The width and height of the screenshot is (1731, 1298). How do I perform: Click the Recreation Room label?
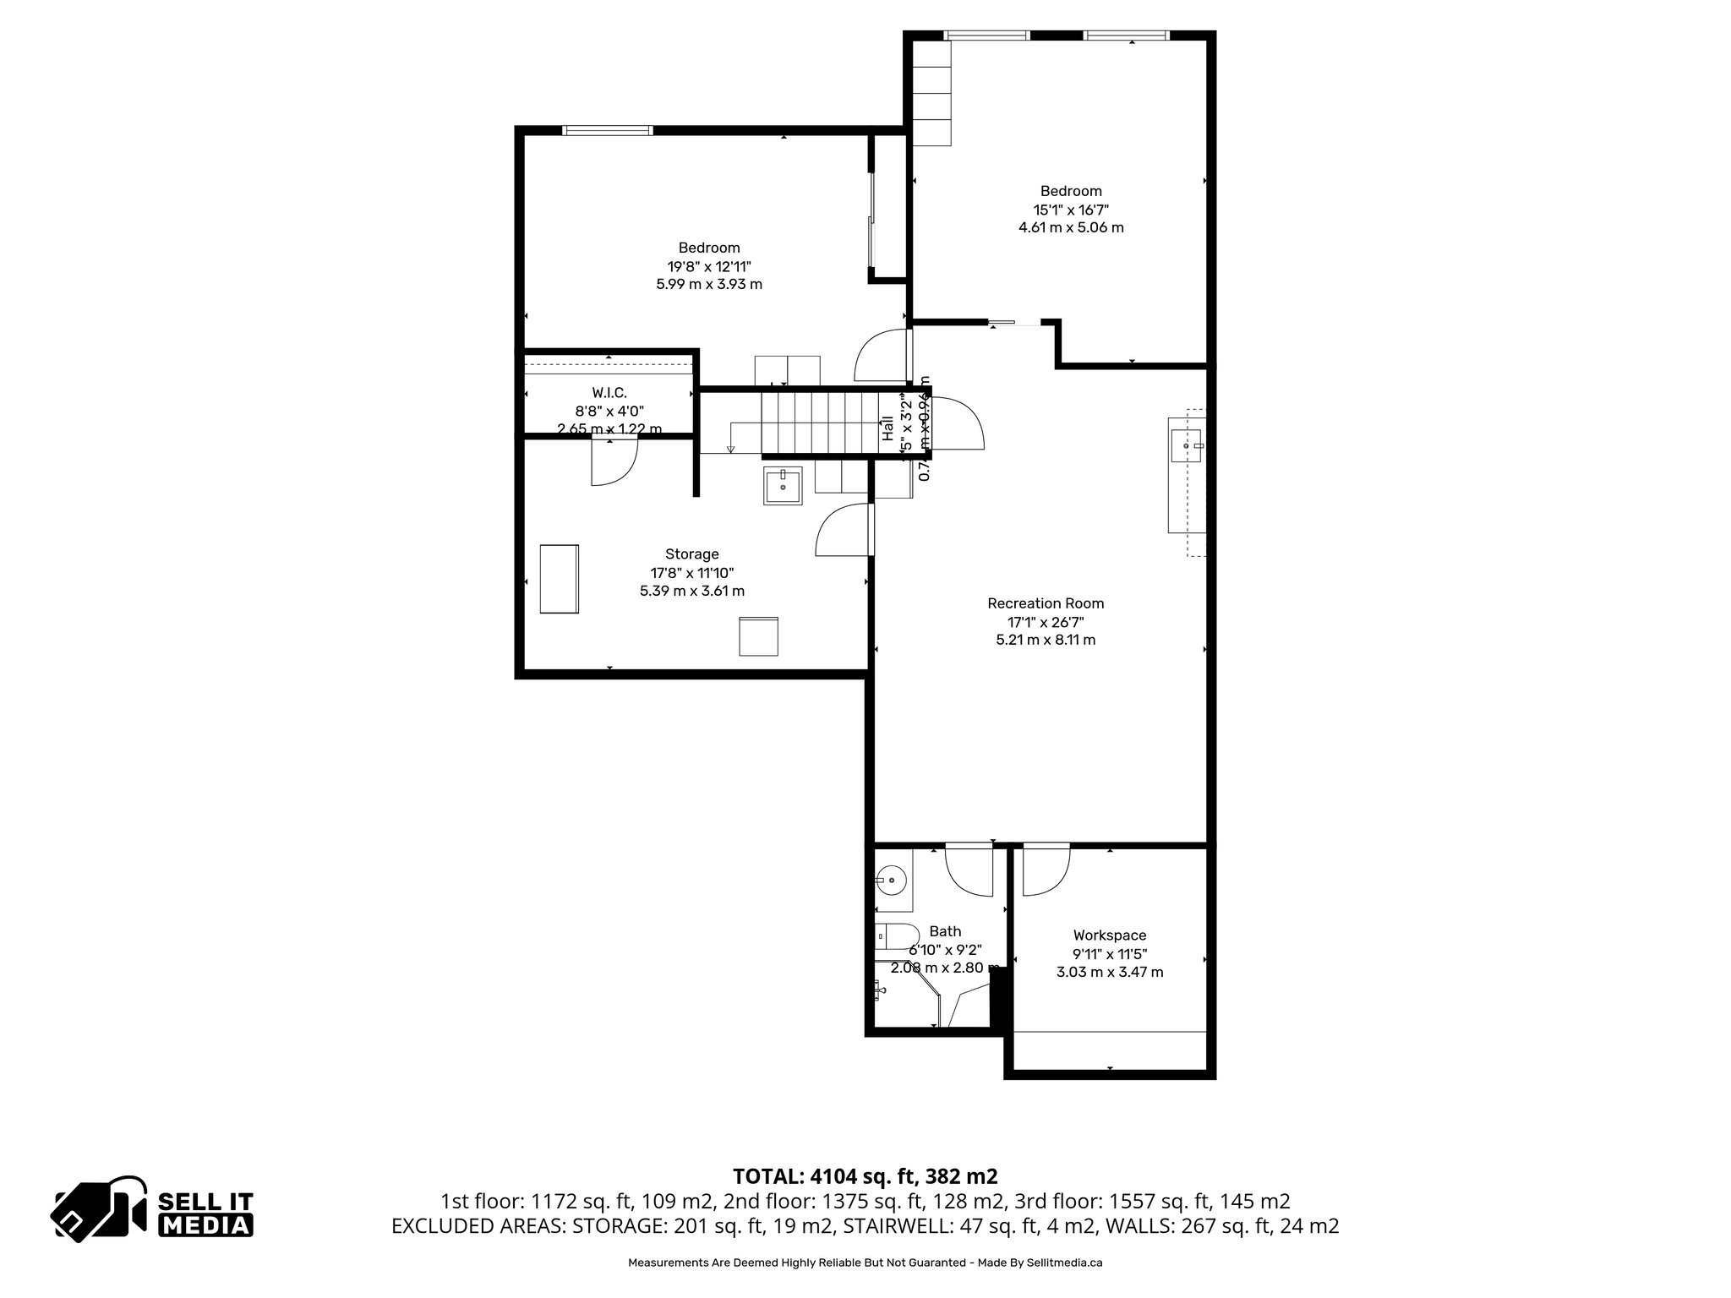[x=1046, y=603]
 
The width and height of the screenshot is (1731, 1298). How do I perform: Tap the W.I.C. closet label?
[x=609, y=392]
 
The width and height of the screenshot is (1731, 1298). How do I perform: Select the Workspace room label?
[x=1109, y=935]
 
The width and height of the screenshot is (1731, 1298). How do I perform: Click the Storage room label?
[x=691, y=554]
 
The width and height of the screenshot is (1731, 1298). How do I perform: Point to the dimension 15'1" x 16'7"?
[x=1070, y=210]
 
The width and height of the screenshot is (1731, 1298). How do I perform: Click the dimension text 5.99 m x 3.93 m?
[x=708, y=284]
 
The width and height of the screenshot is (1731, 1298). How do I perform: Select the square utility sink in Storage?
[x=783, y=486]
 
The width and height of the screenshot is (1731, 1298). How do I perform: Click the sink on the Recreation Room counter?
[x=1187, y=444]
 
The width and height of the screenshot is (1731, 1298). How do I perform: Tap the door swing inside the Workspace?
[x=1046, y=870]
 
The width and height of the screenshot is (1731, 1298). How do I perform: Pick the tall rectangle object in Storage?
[x=559, y=579]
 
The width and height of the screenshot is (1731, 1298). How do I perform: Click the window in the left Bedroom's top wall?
[x=607, y=130]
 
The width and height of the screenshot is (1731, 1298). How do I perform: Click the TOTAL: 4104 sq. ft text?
[x=865, y=1175]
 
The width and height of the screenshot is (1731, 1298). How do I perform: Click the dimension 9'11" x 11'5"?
[x=1109, y=953]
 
